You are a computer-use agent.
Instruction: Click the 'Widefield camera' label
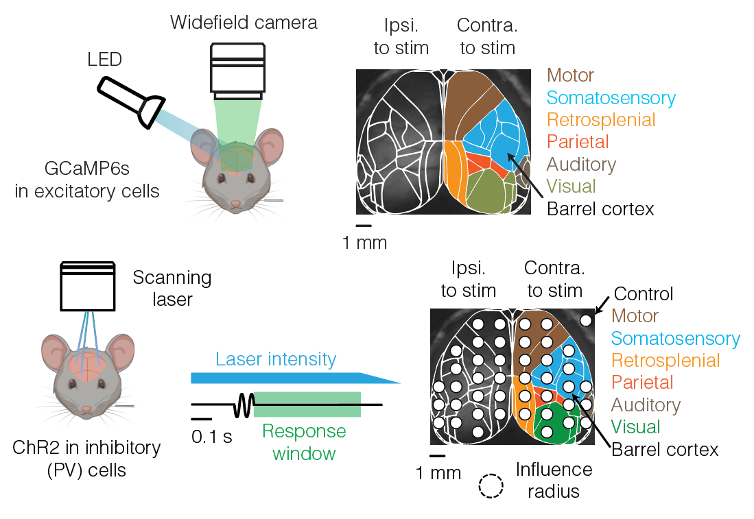tap(244, 22)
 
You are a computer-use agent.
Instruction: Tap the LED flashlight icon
tap(130, 99)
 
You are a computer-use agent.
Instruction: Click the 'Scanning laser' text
tap(172, 288)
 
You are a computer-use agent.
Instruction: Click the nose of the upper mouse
tap(235, 204)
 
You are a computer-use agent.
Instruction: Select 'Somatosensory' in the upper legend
tap(611, 97)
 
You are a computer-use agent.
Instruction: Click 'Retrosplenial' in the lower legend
tap(665, 360)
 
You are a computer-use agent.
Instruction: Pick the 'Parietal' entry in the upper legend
tap(578, 142)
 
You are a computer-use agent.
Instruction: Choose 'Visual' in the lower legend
tap(635, 426)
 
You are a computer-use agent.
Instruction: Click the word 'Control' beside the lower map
tap(644, 294)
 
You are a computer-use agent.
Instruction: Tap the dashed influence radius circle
tap(491, 486)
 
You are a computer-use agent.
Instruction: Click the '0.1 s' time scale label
tap(212, 436)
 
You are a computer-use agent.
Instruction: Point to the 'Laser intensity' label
tap(276, 359)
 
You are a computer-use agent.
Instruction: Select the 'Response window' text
tap(304, 442)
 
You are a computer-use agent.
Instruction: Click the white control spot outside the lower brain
tap(586, 319)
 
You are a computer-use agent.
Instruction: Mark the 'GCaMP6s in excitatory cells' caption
tap(87, 180)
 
